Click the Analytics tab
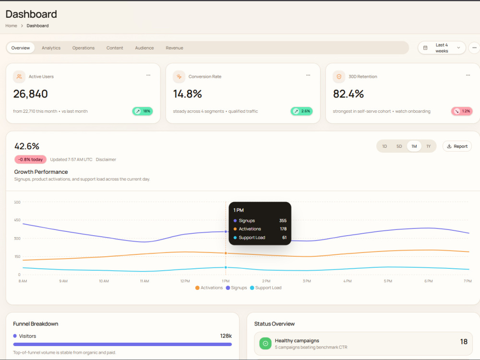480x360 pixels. coord(51,48)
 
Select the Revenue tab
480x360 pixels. coord(175,48)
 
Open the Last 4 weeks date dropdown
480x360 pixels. coord(442,48)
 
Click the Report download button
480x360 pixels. coord(457,146)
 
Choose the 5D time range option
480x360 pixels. coord(399,146)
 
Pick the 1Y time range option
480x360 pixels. coord(429,146)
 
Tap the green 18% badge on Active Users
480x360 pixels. coord(143,111)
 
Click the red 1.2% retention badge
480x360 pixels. coord(462,111)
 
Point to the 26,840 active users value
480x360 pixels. coord(31,94)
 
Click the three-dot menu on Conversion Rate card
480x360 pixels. coord(308,75)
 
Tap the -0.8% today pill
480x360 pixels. coord(30,159)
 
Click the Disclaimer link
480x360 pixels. coord(106,159)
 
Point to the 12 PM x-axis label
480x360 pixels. coord(185,281)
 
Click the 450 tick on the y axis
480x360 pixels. coord(17,220)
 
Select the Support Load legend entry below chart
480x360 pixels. coord(266,288)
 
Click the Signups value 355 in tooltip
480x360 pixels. coord(283,220)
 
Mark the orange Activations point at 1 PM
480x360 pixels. coord(226,253)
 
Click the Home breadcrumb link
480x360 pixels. coord(12,26)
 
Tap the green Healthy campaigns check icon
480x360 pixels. coord(265,344)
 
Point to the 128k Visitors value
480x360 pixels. coord(226,336)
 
